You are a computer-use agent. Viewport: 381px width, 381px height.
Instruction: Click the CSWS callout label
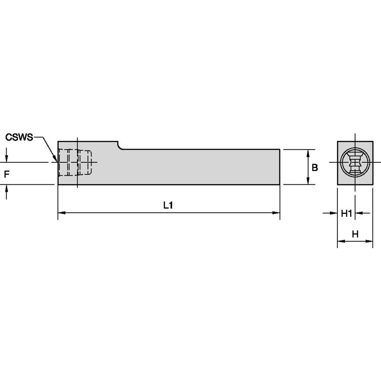(19, 137)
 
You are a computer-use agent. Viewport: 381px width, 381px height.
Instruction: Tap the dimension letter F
(6, 174)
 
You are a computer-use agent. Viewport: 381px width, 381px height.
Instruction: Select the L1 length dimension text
(168, 206)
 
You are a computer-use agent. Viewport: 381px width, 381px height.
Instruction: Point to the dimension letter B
(315, 168)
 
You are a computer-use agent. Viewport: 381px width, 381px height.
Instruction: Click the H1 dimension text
(347, 214)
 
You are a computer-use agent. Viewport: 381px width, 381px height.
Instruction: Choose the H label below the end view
(355, 234)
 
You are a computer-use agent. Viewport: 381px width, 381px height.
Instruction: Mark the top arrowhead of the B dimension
(307, 153)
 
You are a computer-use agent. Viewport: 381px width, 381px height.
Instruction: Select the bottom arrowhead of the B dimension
(307, 181)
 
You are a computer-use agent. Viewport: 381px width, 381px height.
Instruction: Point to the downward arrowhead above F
(6, 159)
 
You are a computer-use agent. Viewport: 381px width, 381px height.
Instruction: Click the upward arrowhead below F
(6, 188)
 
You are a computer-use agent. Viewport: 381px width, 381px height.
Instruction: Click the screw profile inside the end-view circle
(355, 163)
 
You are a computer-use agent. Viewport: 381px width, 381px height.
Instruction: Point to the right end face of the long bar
(279, 166)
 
